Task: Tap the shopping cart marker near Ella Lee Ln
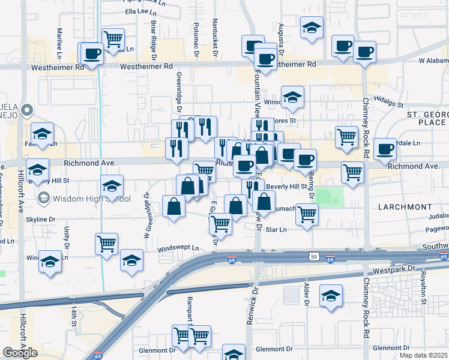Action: (113, 40)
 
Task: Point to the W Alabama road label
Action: (433, 61)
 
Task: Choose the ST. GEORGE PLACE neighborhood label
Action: (426, 118)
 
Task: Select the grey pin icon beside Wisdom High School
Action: (43, 198)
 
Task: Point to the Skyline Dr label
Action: (40, 220)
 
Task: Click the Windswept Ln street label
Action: (178, 248)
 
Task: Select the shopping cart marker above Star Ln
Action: (307, 213)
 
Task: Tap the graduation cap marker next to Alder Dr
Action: (330, 296)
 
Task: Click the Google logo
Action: (20, 352)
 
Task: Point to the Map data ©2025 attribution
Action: (423, 355)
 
